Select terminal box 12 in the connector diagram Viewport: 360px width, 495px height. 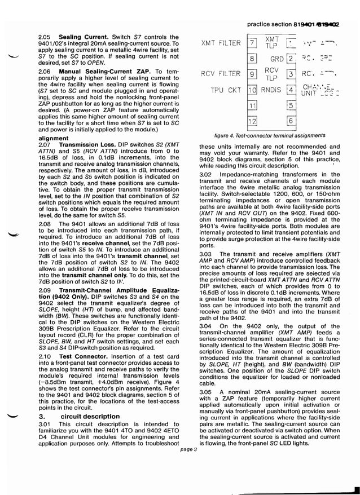tap(252, 121)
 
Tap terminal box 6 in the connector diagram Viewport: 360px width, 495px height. tap(290, 121)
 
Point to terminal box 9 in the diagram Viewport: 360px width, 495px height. tap(252, 74)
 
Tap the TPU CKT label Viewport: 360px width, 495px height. tap(226, 90)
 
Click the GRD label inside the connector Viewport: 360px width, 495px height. tap(276, 59)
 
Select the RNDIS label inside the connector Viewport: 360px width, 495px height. tap(271, 90)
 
